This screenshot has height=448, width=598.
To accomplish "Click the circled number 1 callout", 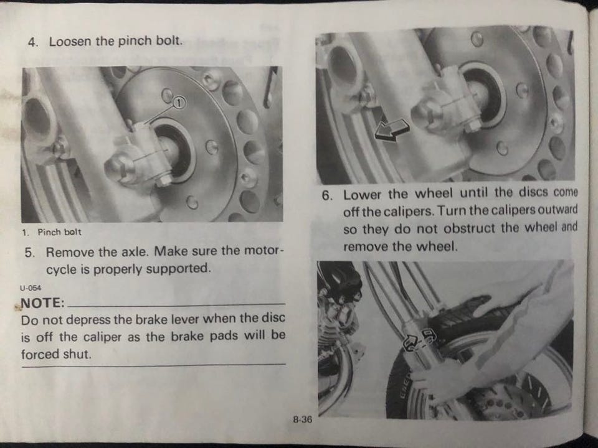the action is pos(179,102).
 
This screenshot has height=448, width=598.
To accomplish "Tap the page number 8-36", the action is pos(303,419).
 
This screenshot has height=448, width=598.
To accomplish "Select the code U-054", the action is pos(31,287).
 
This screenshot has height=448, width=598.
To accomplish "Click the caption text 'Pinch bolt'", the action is pos(60,231).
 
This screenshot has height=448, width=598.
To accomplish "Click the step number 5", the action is pos(29,253).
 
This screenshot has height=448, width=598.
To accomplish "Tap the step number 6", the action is pos(327,195).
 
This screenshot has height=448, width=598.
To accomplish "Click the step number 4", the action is pos(33,42).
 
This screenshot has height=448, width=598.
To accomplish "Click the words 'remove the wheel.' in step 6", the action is pos(400,246).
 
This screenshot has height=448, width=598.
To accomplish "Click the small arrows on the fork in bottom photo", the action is pos(419,340).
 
